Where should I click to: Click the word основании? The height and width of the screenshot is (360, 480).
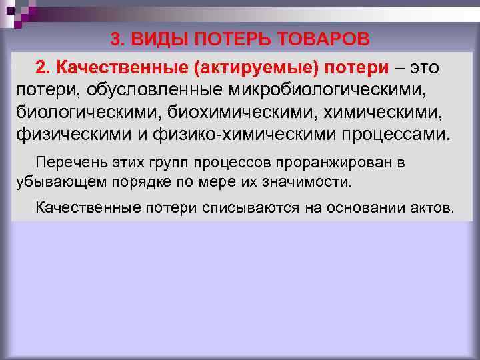click(359, 207)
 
